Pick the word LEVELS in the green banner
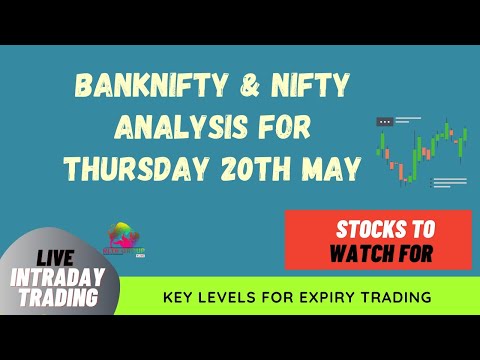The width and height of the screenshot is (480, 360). click(230, 296)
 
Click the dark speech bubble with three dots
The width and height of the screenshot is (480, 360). click(385, 122)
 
